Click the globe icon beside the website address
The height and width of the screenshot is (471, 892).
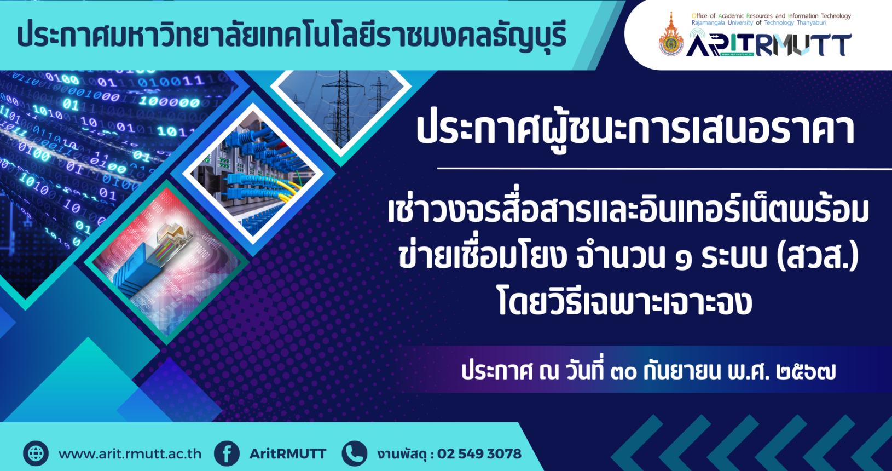36,453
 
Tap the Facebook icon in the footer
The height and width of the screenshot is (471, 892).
227,453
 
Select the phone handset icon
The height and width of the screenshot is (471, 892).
355,453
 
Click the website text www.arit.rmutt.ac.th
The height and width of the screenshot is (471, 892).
130,454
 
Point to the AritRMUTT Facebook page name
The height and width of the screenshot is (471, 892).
287,454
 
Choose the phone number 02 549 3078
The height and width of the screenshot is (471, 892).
479,454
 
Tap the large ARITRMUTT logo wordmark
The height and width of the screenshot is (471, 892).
768,44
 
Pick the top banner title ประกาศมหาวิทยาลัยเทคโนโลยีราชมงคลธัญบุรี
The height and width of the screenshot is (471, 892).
292,35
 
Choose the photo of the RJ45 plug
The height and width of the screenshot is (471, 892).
166,262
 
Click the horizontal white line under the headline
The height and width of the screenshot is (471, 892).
664,169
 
